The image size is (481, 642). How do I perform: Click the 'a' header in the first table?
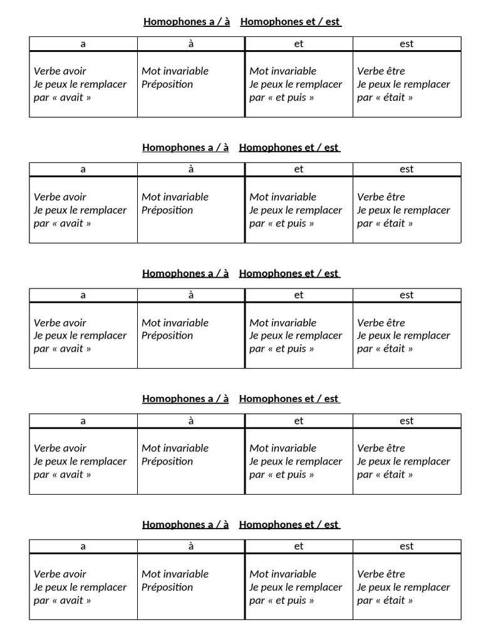pos(83,44)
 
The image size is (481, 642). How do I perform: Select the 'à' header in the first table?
pos(191,44)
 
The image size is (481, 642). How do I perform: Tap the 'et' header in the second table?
pos(299,169)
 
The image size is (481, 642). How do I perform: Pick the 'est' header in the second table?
pos(406,169)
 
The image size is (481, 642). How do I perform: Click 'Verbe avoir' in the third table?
pos(60,323)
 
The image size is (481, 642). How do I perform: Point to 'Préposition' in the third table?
pos(167,335)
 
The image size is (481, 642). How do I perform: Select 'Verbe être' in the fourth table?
pos(381,448)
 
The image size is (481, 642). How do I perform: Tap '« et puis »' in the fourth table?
pos(291,475)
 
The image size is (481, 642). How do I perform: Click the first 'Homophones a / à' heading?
pos(186,22)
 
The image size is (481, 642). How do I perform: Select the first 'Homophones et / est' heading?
pos(290,22)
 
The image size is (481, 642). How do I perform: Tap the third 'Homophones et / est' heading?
pos(289,273)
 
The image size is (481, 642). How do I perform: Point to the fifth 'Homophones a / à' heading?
pos(185,525)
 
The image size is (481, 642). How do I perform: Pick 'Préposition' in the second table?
pos(167,210)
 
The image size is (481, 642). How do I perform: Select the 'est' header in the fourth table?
pos(406,421)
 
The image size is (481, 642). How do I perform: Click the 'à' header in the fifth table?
pos(191,547)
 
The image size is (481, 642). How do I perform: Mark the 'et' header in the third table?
pos(299,295)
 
